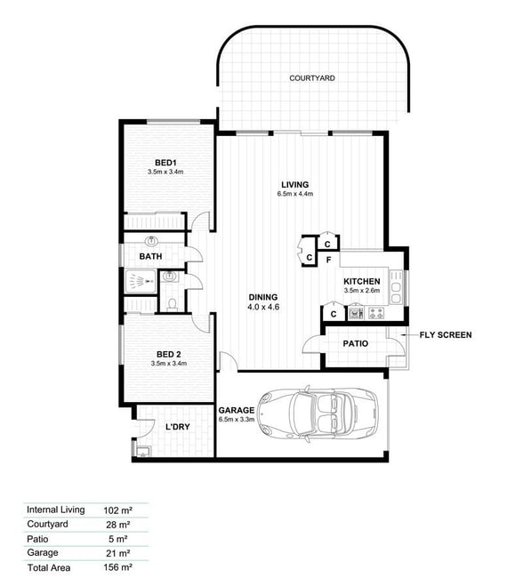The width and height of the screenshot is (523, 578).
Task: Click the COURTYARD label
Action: [312, 78]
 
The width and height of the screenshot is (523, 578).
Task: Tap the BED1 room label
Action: [165, 163]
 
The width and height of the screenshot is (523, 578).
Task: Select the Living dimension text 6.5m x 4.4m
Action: [295, 194]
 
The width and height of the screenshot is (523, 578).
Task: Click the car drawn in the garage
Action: [318, 412]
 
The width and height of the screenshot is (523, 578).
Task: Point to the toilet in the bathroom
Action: [172, 303]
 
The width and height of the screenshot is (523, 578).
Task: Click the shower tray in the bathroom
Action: [141, 282]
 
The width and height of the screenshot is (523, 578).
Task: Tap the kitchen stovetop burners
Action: [376, 314]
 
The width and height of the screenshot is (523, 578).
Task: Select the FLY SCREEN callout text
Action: [446, 334]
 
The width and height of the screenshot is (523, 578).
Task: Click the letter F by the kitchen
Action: [328, 261]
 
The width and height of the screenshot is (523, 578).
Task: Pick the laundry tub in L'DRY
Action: [142, 452]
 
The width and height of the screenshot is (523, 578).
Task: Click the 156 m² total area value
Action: [117, 567]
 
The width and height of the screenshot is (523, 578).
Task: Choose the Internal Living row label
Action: [56, 510]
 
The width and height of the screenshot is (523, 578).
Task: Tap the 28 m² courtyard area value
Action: [118, 525]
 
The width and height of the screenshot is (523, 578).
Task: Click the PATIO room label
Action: [356, 343]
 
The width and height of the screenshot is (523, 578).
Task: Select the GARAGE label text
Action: [237, 410]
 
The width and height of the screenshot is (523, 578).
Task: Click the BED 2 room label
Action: [169, 354]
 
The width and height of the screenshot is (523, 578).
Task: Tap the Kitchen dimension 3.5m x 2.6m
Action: [362, 291]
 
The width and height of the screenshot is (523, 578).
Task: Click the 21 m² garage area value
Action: [118, 553]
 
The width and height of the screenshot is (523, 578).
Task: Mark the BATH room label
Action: [150, 256]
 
